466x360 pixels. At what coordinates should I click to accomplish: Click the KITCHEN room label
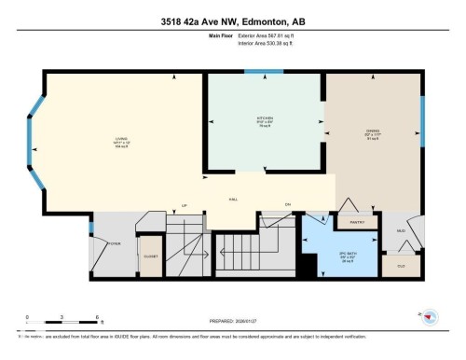(x=266, y=119)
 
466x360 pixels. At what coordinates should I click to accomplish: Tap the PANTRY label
(x=356, y=223)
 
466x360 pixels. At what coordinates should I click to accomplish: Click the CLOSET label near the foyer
(x=149, y=256)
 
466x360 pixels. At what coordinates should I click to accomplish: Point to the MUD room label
(x=402, y=230)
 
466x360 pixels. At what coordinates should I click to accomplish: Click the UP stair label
(x=185, y=205)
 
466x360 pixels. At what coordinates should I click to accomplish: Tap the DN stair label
(x=288, y=205)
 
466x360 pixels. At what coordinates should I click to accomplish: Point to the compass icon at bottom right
(x=430, y=318)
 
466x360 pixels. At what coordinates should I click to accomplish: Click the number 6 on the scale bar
(x=97, y=317)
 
